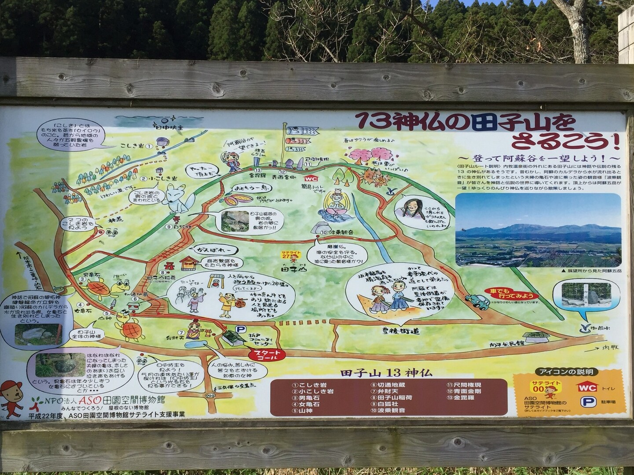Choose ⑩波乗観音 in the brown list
388,410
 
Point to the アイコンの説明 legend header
562,372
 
